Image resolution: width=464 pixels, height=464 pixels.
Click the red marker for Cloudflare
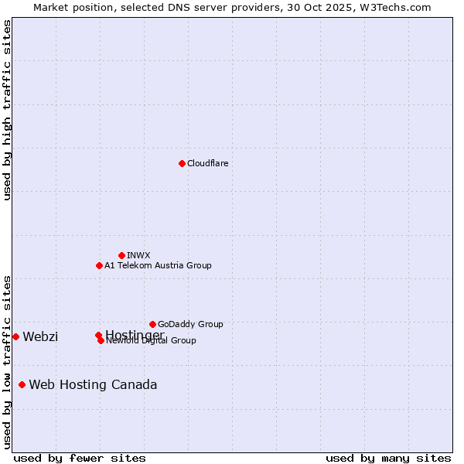click(182, 163)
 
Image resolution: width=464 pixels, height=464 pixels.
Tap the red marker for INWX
click(121, 255)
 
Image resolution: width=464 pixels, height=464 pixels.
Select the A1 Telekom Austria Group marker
click(99, 265)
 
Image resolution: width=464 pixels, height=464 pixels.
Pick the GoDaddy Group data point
click(152, 324)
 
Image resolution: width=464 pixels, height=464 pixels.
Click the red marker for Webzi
click(15, 336)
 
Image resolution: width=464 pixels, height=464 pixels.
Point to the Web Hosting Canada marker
click(22, 384)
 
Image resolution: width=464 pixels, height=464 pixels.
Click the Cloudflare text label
click(207, 163)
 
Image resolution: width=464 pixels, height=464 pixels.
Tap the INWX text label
click(138, 255)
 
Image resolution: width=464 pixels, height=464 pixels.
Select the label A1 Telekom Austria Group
click(158, 265)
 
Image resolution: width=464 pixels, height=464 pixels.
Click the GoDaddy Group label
click(190, 324)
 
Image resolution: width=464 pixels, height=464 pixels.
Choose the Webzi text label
click(40, 336)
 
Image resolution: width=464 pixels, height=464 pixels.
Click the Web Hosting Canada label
click(93, 384)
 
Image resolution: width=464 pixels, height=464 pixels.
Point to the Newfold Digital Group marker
click(101, 340)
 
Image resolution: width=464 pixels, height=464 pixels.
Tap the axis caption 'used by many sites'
click(388, 458)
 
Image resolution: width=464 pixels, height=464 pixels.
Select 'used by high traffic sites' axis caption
click(7, 110)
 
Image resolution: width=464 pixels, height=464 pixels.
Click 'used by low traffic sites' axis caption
click(7, 361)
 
